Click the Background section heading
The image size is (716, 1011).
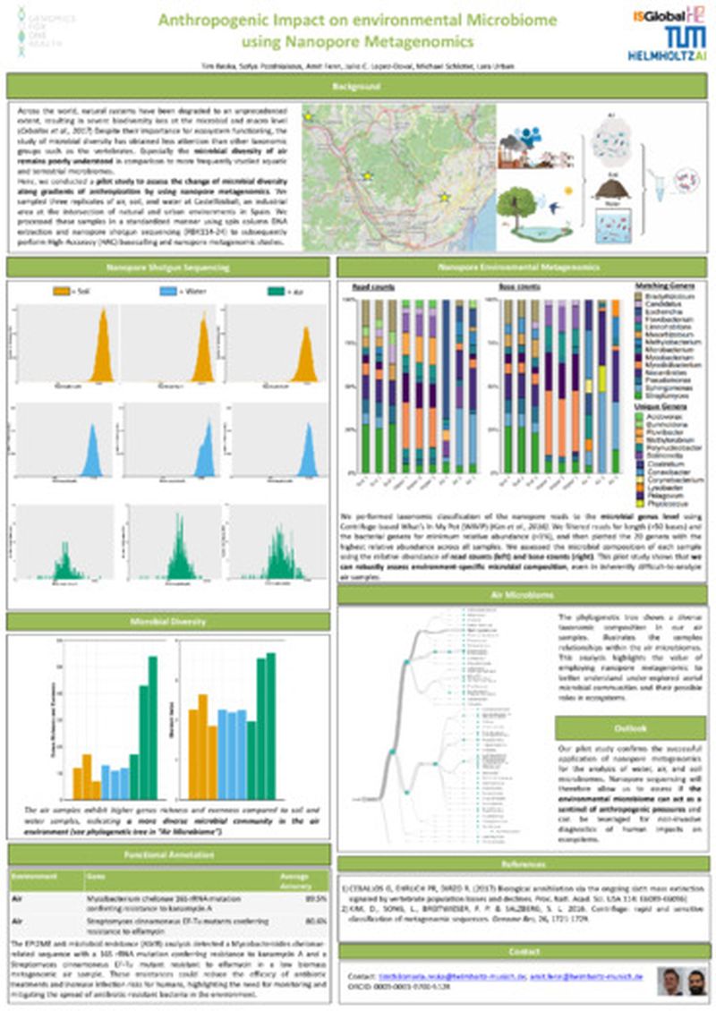(357, 87)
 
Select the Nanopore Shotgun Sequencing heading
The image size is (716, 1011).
(169, 267)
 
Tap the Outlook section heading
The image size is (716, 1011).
(630, 727)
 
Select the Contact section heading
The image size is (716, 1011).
(523, 951)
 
